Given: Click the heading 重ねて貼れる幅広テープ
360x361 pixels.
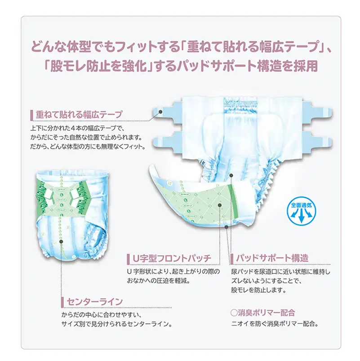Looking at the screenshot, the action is coord(79,115).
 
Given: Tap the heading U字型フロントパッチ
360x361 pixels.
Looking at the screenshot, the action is coord(172,258).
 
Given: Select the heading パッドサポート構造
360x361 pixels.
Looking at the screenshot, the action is coord(272,258).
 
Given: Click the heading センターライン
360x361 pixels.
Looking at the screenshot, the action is coord(94,302).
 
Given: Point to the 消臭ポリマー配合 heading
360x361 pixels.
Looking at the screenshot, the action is coord(262,313).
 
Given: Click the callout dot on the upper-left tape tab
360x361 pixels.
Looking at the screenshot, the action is coord(160,112).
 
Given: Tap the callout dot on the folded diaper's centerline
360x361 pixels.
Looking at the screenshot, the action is coord(61,241).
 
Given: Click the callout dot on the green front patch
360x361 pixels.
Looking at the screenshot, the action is coord(220,205).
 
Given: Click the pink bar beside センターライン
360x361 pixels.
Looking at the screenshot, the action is coord(62,302).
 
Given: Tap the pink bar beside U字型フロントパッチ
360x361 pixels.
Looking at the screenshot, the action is coord(128,259).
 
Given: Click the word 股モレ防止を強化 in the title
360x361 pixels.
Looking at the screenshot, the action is coord(99,66).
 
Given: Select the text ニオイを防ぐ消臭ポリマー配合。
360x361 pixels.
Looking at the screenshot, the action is coord(275,324).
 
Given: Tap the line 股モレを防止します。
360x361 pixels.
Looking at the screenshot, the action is coord(259,290).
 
